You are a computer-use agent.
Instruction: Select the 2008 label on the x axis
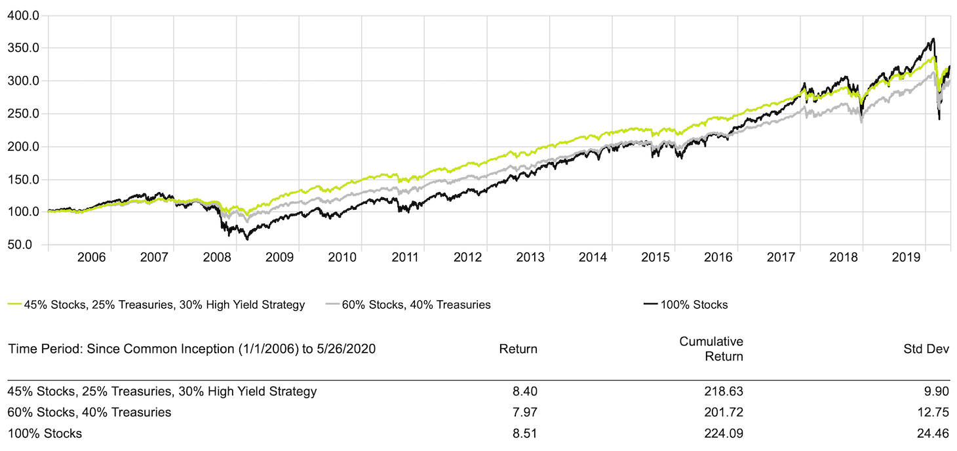click(x=217, y=257)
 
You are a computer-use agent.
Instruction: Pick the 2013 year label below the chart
click(x=530, y=257)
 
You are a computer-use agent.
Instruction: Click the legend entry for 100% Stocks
click(x=694, y=304)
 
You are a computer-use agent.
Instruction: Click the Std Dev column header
click(x=926, y=349)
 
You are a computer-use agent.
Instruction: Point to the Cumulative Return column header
click(x=711, y=349)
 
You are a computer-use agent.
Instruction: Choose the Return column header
click(x=518, y=349)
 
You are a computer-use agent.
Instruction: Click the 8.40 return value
click(x=526, y=391)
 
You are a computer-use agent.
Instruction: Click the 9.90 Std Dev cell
click(x=937, y=391)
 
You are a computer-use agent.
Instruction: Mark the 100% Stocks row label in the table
click(x=45, y=433)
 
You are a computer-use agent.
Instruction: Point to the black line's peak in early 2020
click(x=933, y=39)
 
